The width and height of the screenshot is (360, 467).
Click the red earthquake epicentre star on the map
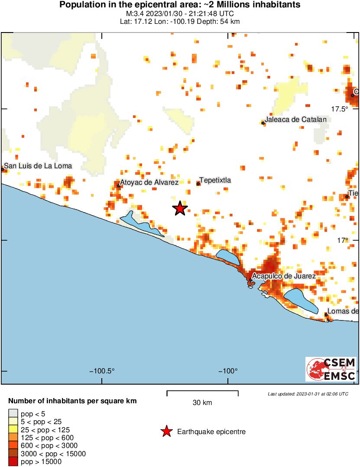tap(180, 209)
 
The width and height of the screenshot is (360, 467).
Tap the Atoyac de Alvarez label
tap(149, 183)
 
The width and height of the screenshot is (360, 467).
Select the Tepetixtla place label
tap(215, 180)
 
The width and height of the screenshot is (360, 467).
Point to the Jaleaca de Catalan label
tap(295, 119)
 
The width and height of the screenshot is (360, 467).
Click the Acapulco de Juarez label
tap(284, 276)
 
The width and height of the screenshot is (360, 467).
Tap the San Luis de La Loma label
tap(38, 166)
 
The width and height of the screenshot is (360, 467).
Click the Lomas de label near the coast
tap(343, 311)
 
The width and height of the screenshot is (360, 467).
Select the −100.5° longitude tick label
tap(102, 371)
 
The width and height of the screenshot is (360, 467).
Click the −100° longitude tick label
tap(228, 371)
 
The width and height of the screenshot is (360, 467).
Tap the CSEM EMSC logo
tap(331, 369)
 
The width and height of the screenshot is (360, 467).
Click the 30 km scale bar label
tap(202, 403)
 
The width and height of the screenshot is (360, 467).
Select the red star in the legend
tap(166, 431)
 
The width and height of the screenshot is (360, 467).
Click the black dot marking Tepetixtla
tap(198, 184)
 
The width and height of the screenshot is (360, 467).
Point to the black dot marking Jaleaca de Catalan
tap(263, 123)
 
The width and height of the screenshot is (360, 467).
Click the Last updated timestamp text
tap(308, 394)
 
